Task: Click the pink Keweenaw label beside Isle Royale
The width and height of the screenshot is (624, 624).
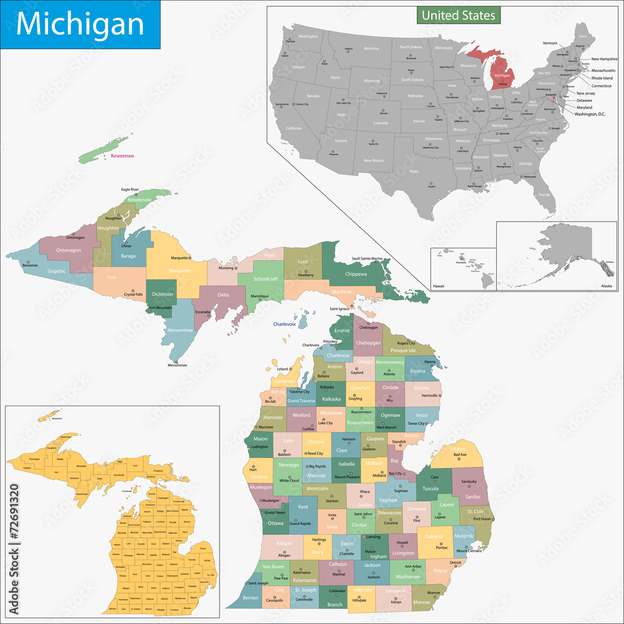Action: coord(122,155)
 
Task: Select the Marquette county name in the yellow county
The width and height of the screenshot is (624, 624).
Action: coord(180,271)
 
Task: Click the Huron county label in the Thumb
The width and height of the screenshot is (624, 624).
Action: coord(459,448)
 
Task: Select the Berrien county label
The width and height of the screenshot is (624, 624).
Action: coord(250,597)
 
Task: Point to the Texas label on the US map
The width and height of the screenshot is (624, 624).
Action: coord(414,171)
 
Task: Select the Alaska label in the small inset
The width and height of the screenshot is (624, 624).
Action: coord(606,285)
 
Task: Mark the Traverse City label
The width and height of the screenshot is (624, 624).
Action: coord(299,391)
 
